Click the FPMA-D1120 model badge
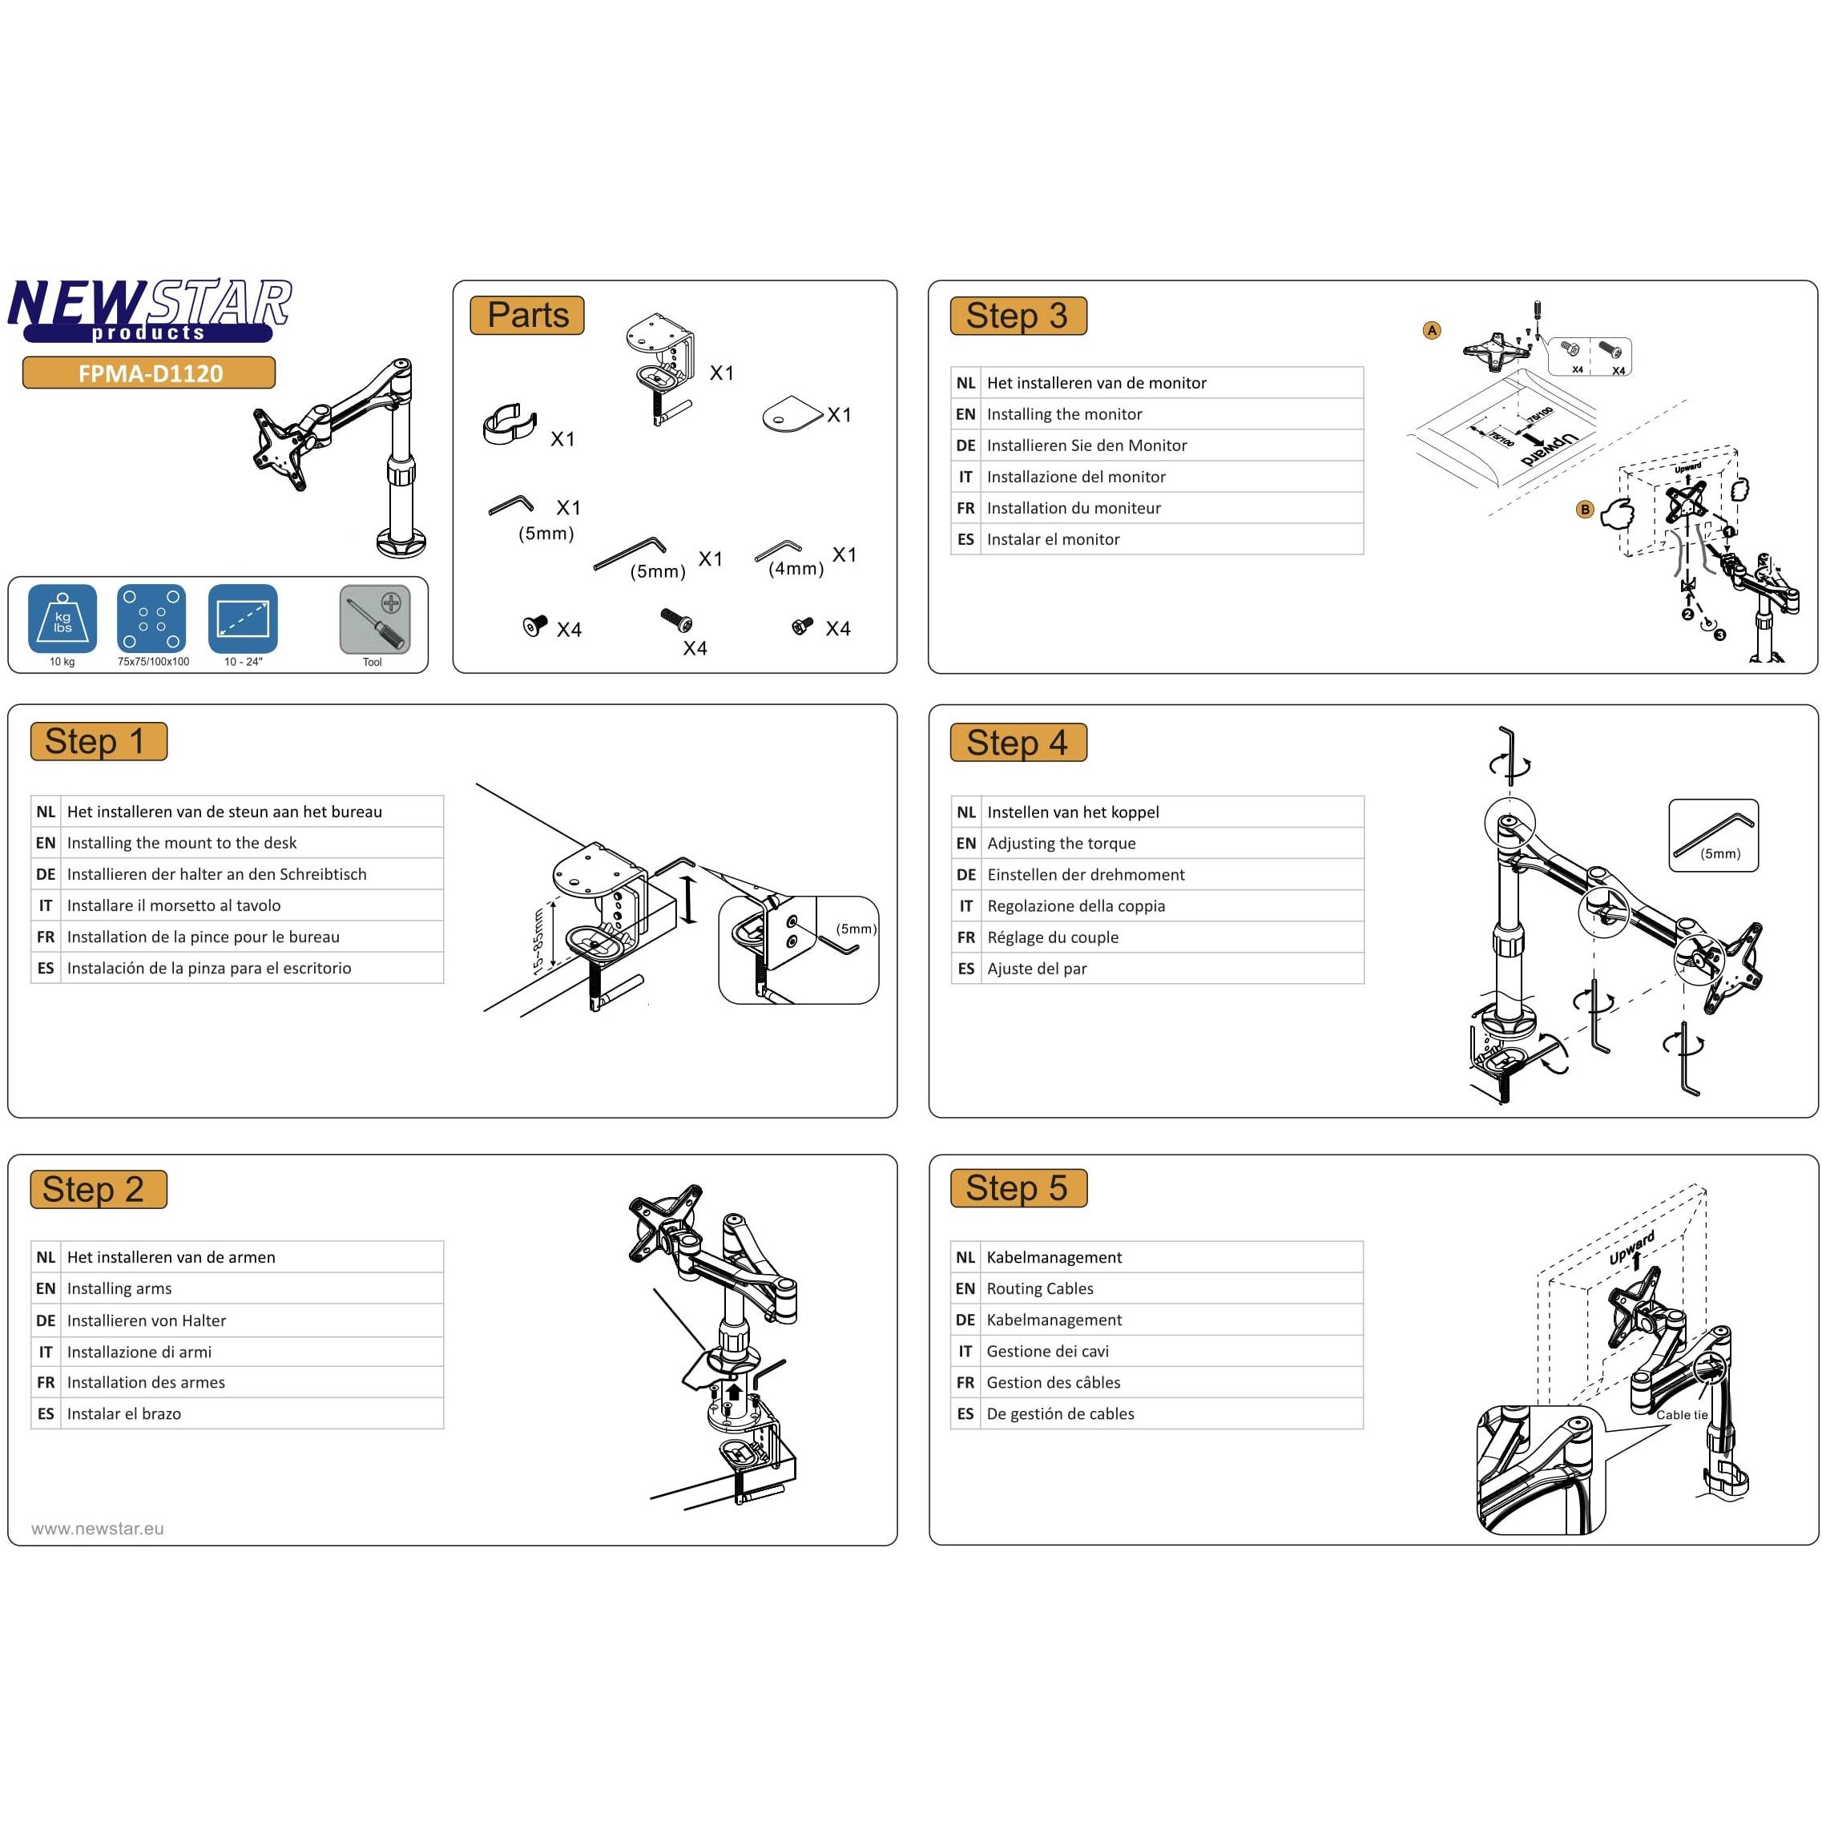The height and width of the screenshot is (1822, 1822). click(x=149, y=373)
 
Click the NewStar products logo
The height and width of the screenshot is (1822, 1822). click(x=149, y=309)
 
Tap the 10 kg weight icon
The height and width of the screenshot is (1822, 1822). click(x=62, y=619)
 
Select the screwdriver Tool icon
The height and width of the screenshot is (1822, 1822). click(x=374, y=619)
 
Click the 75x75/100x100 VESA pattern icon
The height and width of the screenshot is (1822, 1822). click(x=152, y=619)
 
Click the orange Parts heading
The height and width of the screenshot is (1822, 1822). click(x=527, y=315)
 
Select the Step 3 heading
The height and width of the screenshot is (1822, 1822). click(x=1018, y=316)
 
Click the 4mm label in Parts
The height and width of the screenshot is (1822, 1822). click(x=796, y=569)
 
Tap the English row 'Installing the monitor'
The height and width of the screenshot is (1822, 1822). click(x=1064, y=414)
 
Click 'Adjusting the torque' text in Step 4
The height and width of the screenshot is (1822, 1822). click(x=1061, y=843)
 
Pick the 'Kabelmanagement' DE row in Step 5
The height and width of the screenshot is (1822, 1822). click(x=1054, y=1320)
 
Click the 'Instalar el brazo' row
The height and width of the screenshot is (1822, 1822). click(x=123, y=1413)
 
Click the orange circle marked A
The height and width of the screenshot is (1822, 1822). click(x=1432, y=330)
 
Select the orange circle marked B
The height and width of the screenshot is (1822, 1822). click(x=1584, y=510)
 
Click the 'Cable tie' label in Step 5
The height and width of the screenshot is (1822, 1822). click(x=1682, y=1415)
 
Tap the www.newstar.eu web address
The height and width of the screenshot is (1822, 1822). click(x=97, y=1529)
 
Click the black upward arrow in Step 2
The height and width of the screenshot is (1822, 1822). click(x=734, y=1391)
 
